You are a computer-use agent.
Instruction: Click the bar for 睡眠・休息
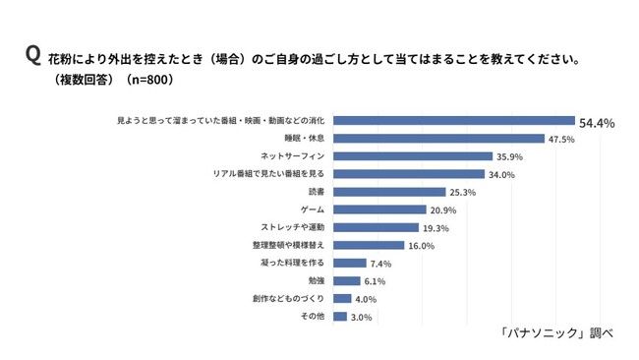[438, 139]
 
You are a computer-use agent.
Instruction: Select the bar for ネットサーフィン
[413, 156]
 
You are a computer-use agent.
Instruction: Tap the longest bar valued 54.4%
[454, 121]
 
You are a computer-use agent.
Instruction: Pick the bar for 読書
[389, 192]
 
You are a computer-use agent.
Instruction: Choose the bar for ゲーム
[379, 210]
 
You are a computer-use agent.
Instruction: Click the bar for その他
[340, 317]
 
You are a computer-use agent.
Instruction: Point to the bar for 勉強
[346, 281]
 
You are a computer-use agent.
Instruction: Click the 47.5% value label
[561, 140]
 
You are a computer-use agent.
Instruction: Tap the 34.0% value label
[501, 175]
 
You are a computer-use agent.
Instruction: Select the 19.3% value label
[436, 228]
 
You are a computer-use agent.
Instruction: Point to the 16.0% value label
[422, 246]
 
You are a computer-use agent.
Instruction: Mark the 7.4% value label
[380, 264]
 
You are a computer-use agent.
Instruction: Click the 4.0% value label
[366, 299]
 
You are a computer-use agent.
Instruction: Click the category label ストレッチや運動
[293, 227]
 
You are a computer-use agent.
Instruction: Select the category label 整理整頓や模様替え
[288, 245]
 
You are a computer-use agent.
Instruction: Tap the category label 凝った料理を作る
[293, 263]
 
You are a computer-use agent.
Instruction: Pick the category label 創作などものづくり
[288, 298]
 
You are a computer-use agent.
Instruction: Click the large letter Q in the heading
[33, 55]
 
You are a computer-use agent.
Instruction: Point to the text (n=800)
[149, 79]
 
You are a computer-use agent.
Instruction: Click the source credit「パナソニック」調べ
[556, 332]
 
